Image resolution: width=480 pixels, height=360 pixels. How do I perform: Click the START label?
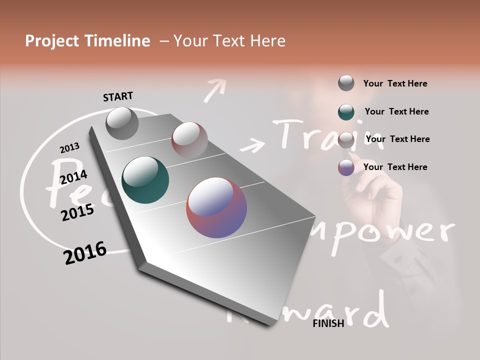pyautogui.click(x=118, y=96)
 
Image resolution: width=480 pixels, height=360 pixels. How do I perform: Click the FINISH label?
pyautogui.click(x=328, y=323)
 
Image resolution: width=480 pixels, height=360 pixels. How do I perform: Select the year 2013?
pyautogui.click(x=69, y=148)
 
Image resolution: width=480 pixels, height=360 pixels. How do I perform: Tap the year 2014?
pyautogui.click(x=73, y=177)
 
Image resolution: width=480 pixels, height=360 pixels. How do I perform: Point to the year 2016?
pyautogui.click(x=85, y=253)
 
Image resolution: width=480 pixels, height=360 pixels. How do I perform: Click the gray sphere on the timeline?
pyautogui.click(x=122, y=123)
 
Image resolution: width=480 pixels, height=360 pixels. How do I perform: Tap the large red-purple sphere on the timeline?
pyautogui.click(x=216, y=207)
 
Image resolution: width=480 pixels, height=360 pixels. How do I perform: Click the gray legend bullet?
pyautogui.click(x=346, y=83)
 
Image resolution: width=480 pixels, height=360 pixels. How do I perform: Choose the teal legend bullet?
pyautogui.click(x=346, y=112)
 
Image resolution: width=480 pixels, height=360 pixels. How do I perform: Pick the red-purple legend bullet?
pyautogui.click(x=346, y=167)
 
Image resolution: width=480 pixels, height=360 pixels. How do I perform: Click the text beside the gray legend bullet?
pyautogui.click(x=395, y=83)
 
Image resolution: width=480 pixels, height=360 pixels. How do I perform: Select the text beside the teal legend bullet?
pyautogui.click(x=396, y=111)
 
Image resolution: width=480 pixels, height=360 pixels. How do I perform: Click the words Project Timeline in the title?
pyautogui.click(x=87, y=41)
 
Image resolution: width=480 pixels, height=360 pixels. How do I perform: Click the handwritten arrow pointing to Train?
pyautogui.click(x=252, y=145)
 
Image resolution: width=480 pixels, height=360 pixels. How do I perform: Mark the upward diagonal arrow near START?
pyautogui.click(x=215, y=90)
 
